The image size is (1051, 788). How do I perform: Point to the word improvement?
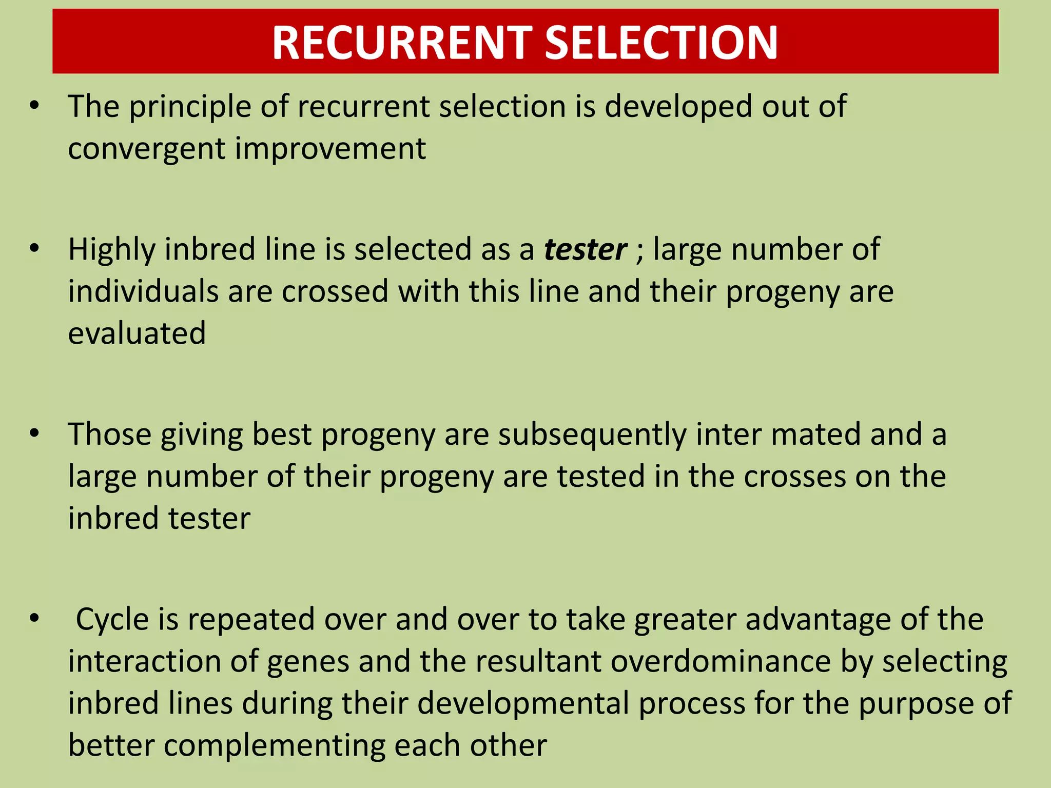click(x=330, y=149)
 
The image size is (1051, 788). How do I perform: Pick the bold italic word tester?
click(x=585, y=250)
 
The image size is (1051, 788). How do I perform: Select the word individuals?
click(x=143, y=291)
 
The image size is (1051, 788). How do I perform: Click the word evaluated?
click(x=137, y=333)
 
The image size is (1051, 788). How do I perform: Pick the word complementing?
click(x=275, y=746)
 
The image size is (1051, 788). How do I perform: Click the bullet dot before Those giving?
click(x=34, y=434)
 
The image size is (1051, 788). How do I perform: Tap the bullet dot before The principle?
click(x=34, y=106)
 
